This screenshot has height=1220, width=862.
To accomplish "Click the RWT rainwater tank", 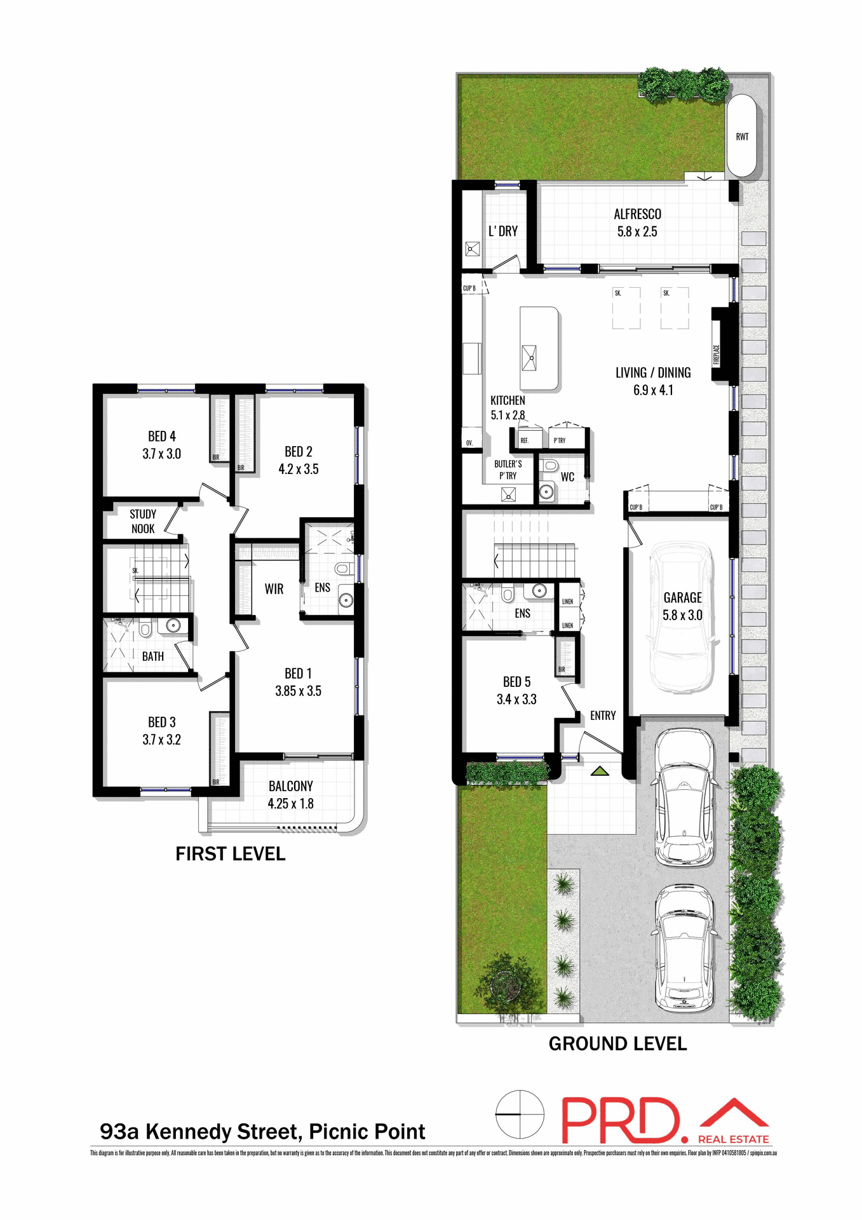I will pyautogui.click(x=741, y=136).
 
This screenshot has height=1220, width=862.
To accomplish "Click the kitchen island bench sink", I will pyautogui.click(x=529, y=357).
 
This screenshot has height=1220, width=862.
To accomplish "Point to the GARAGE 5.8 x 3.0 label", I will pyautogui.click(x=682, y=606).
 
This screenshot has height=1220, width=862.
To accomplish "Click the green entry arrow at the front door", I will pyautogui.click(x=600, y=771).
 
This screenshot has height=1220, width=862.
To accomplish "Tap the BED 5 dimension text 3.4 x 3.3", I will pyautogui.click(x=516, y=700).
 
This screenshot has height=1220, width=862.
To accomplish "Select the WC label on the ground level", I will pyautogui.click(x=567, y=477).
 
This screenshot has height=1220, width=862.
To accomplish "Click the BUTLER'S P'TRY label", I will pyautogui.click(x=508, y=470).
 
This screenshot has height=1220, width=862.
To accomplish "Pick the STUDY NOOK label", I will pyautogui.click(x=143, y=521).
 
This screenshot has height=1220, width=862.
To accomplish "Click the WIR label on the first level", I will pyautogui.click(x=274, y=589).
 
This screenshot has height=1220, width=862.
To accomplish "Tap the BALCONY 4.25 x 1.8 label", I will pyautogui.click(x=290, y=794).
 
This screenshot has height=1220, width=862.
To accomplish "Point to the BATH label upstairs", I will pyautogui.click(x=152, y=656).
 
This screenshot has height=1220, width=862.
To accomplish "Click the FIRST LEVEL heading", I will pyautogui.click(x=230, y=854).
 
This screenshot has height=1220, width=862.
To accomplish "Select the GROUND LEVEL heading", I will pyautogui.click(x=617, y=1044).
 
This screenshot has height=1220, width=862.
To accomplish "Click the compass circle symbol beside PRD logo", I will pyautogui.click(x=520, y=1115).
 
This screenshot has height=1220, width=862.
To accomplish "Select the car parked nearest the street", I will pyautogui.click(x=685, y=948).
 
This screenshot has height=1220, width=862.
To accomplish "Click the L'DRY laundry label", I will pyautogui.click(x=502, y=231).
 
